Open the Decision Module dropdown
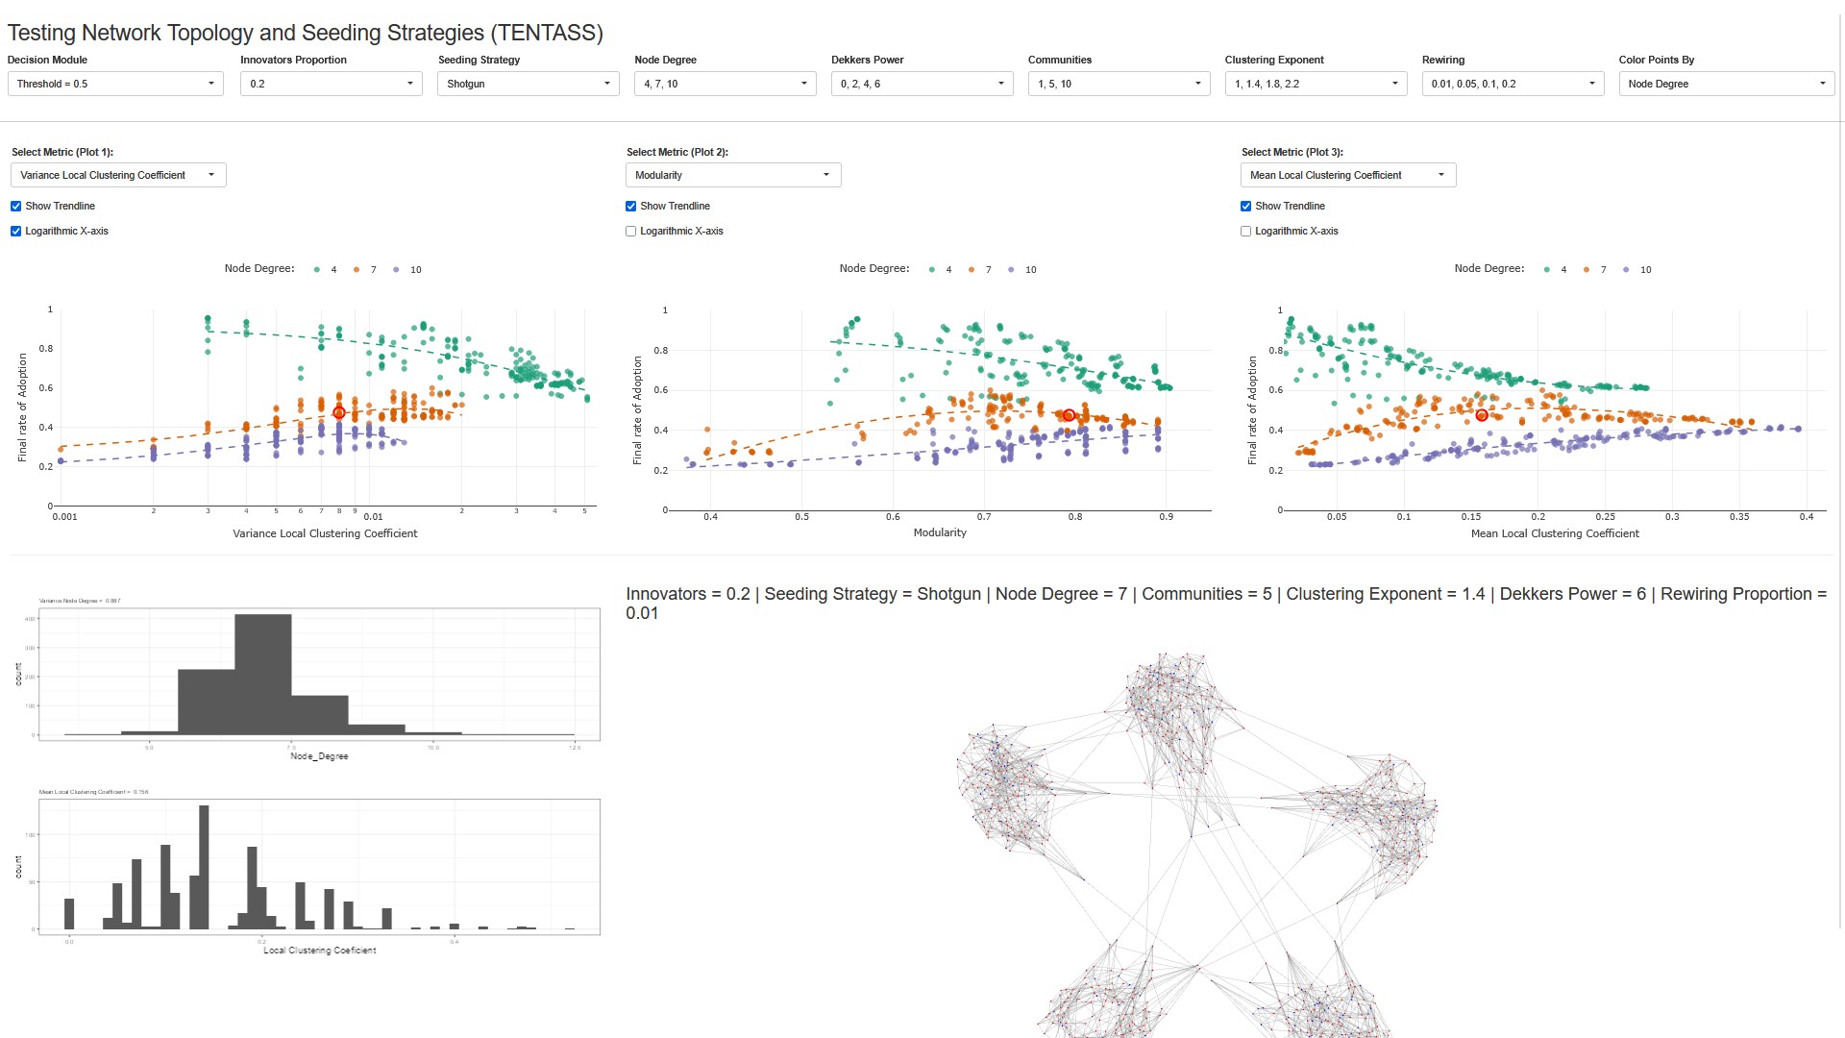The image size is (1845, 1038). [x=115, y=84]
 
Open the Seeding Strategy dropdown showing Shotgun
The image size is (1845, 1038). [x=528, y=84]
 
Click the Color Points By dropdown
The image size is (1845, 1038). [x=1726, y=84]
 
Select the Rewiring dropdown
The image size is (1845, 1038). [x=1512, y=84]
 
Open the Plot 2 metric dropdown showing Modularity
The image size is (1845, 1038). [x=732, y=175]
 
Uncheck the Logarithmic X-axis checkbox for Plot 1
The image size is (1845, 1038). [x=16, y=232]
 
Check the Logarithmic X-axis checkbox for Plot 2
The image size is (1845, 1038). [x=631, y=232]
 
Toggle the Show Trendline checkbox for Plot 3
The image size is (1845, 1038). [x=1246, y=207]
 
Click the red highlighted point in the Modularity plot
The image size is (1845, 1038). [x=1069, y=415]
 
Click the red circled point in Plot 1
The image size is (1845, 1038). [x=339, y=412]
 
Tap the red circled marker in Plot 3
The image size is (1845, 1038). [x=1482, y=415]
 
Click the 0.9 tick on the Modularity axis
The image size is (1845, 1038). [x=1166, y=517]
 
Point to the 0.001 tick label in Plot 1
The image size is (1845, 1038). [x=64, y=517]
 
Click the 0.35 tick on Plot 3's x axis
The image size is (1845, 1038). [x=1739, y=517]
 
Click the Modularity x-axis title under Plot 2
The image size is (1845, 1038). [x=940, y=532]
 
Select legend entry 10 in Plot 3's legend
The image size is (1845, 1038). [x=1644, y=270]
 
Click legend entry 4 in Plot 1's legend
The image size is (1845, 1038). [x=332, y=270]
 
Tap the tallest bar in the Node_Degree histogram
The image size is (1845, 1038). [x=262, y=673]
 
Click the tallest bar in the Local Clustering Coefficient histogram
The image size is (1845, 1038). [x=204, y=865]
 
